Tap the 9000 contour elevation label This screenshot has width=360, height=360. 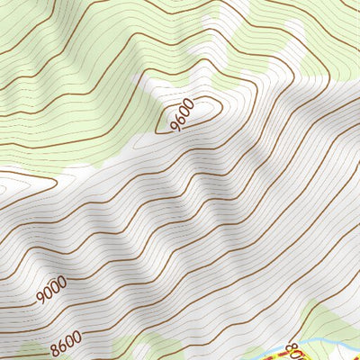52,289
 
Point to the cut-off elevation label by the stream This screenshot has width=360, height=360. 291,350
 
